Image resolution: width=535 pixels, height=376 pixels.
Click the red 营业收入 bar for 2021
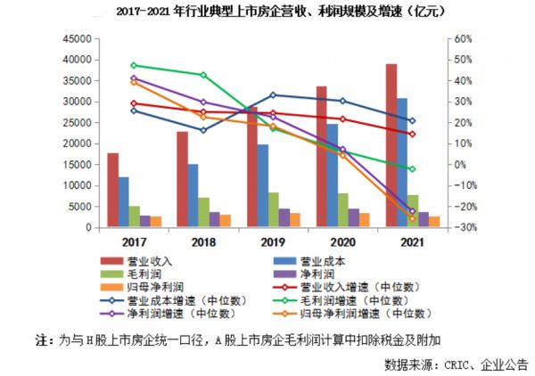[x=391, y=146]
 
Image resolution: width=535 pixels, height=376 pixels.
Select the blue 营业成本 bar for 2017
[x=123, y=202]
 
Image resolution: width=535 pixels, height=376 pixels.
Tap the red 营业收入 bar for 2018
[x=182, y=179]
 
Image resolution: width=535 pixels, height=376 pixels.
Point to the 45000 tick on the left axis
[x=79, y=39]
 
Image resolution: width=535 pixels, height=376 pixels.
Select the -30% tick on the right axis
[x=466, y=228]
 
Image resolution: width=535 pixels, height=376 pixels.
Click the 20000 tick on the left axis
[x=79, y=144]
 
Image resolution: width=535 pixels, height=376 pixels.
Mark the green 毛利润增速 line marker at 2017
[x=134, y=65]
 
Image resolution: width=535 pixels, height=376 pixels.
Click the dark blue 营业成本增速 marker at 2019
[x=273, y=94]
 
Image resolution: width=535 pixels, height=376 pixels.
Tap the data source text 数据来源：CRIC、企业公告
[x=456, y=364]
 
